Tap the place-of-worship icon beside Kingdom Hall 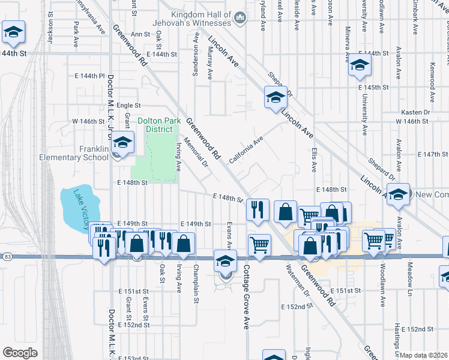240,18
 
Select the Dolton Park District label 158,125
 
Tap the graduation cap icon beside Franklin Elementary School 122,143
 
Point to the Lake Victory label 76,208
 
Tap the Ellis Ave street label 314,160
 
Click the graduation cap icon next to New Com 397,194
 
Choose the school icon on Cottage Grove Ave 225,262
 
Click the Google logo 19,353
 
